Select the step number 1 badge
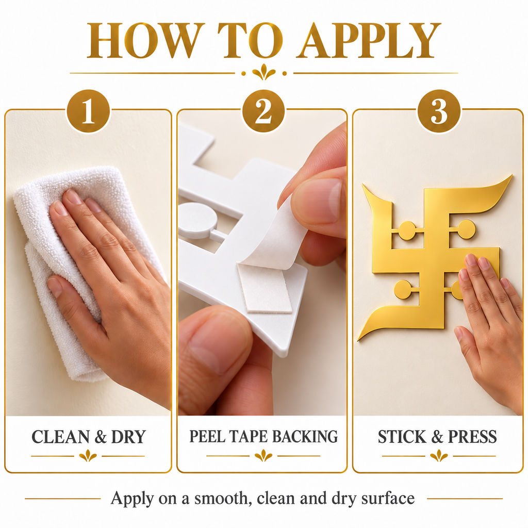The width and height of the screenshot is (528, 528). coord(88,111)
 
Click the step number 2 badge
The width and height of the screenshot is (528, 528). coord(263,111)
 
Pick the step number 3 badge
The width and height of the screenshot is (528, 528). coord(439,111)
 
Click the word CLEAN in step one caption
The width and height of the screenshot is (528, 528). coord(61,437)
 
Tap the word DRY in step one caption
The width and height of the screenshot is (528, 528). coord(128,437)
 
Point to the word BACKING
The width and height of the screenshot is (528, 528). coord(305,436)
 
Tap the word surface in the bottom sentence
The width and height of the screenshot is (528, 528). coord(388,499)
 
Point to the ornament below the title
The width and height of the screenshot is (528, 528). coord(263,72)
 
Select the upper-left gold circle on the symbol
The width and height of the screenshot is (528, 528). coord(407,230)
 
